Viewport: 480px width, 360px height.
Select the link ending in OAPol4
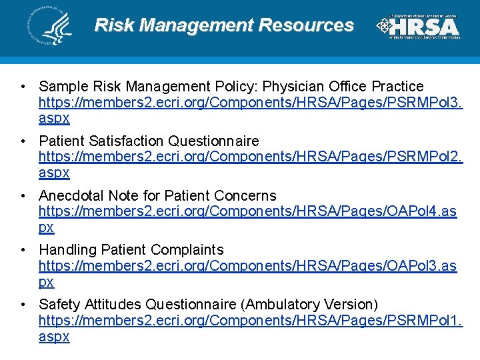tap(247, 211)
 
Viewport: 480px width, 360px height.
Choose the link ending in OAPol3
tap(247, 266)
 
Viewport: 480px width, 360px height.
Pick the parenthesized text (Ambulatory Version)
tap(311, 305)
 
